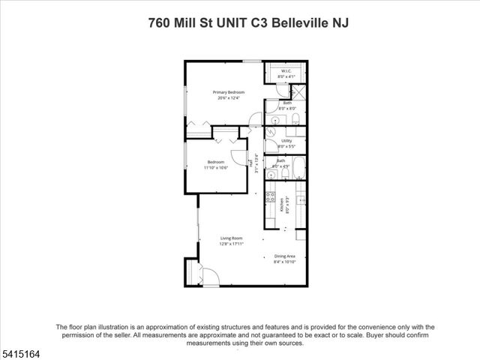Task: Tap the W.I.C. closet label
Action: (286, 72)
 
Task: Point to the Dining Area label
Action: (284, 256)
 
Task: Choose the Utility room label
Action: (286, 140)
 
